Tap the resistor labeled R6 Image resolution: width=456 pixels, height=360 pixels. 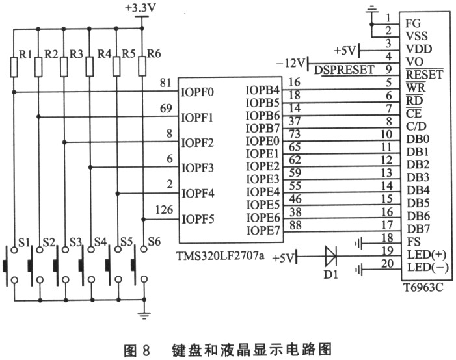[142, 66]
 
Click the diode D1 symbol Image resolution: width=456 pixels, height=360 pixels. [331, 257]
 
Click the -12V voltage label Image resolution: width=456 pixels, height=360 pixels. [289, 62]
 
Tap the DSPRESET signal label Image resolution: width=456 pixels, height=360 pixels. [344, 70]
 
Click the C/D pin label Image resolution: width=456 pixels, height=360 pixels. [416, 127]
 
